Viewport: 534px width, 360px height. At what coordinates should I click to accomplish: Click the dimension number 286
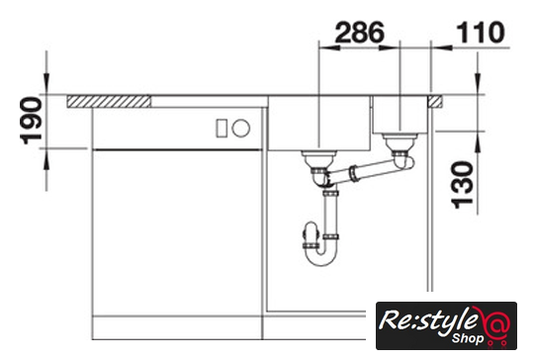click(x=360, y=33)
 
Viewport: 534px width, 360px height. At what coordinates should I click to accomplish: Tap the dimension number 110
click(x=481, y=33)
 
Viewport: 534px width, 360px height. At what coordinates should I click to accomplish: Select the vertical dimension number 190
click(x=32, y=121)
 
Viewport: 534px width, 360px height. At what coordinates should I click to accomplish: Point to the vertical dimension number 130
click(x=462, y=185)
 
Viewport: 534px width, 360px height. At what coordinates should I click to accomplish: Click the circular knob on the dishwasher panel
click(x=240, y=128)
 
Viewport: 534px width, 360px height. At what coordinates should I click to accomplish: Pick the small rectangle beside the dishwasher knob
click(x=222, y=128)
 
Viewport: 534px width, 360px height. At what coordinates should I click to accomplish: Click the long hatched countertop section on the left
click(x=109, y=102)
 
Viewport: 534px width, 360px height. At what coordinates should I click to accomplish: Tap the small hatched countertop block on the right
click(x=435, y=102)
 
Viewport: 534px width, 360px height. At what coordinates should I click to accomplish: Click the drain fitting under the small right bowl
click(x=400, y=142)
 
